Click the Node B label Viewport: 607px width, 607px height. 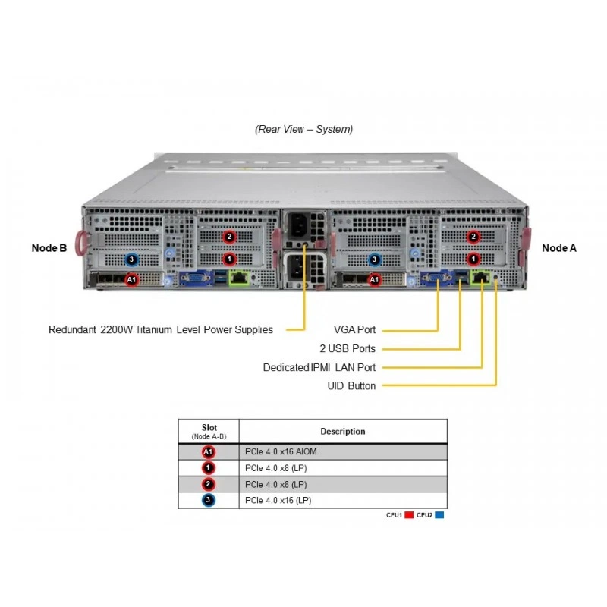[x=49, y=248]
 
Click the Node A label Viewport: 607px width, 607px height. [x=559, y=248]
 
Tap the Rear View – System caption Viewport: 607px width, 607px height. [x=304, y=129]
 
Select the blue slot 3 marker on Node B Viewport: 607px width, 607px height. [x=131, y=259]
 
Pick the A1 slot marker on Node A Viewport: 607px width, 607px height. [x=374, y=279]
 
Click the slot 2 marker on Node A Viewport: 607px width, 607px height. [x=473, y=237]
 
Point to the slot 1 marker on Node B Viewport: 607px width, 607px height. [x=230, y=259]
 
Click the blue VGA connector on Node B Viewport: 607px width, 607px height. [x=197, y=278]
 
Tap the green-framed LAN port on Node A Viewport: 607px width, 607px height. [x=480, y=278]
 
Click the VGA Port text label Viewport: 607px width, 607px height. [x=354, y=329]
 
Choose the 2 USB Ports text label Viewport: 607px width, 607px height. [x=348, y=348]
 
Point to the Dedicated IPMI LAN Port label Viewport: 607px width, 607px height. [x=319, y=367]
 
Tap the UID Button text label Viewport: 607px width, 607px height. [x=351, y=385]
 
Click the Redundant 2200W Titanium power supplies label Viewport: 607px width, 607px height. [x=161, y=329]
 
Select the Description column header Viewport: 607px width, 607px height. [x=343, y=431]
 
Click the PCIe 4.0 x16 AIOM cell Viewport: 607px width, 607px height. [x=281, y=451]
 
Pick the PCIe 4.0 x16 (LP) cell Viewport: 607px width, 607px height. [x=278, y=500]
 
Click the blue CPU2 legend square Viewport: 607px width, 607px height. [x=439, y=515]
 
